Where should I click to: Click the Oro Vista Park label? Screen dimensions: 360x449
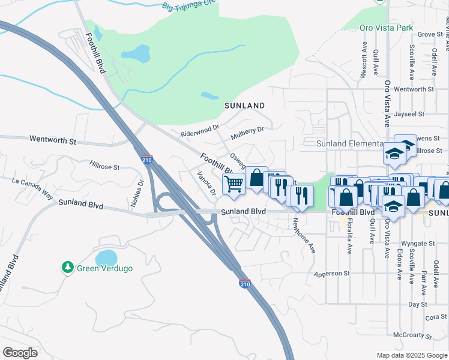[x=386, y=28]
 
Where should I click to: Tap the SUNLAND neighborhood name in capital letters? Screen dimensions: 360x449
[x=244, y=106]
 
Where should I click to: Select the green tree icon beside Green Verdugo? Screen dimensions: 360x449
[x=68, y=268]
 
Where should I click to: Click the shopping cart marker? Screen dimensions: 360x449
[x=234, y=184]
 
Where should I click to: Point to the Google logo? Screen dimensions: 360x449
[x=20, y=353]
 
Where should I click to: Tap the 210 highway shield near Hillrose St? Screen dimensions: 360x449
[x=148, y=160]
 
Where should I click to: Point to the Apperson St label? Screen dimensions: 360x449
[x=332, y=274]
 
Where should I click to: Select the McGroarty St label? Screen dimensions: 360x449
[x=412, y=335]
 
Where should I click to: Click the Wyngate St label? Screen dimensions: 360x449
[x=417, y=244]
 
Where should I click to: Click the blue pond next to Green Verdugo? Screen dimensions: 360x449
[x=107, y=258]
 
